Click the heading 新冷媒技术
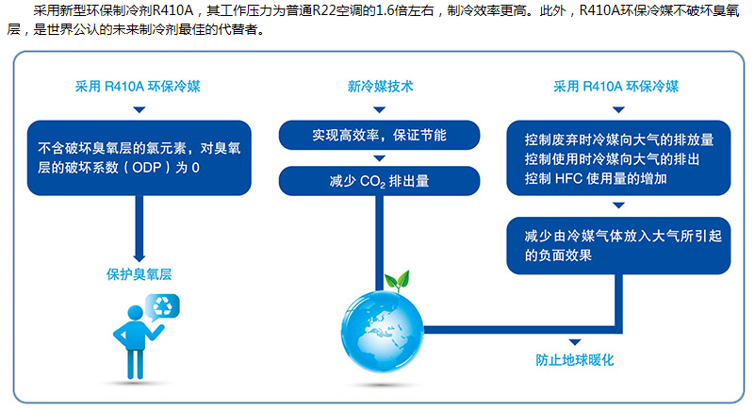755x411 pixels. click(380, 86)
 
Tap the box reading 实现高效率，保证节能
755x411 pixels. click(380, 135)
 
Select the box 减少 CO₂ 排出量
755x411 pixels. click(380, 181)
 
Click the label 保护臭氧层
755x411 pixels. click(140, 274)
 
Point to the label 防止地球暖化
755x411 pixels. click(574, 360)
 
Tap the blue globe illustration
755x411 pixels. click(383, 332)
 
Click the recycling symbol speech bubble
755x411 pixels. click(163, 306)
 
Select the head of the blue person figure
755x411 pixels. click(136, 313)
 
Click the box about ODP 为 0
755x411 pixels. click(140, 157)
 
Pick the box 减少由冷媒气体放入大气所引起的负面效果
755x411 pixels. click(618, 246)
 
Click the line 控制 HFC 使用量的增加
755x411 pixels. click(596, 179)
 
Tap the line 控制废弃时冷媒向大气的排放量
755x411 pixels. click(618, 140)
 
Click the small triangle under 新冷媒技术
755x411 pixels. click(380, 109)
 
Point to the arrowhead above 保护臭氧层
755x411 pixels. click(140, 257)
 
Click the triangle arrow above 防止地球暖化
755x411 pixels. click(574, 342)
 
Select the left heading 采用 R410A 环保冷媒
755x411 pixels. click(138, 86)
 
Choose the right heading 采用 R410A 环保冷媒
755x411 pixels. click(615, 86)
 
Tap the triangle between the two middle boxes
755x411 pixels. click(380, 158)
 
